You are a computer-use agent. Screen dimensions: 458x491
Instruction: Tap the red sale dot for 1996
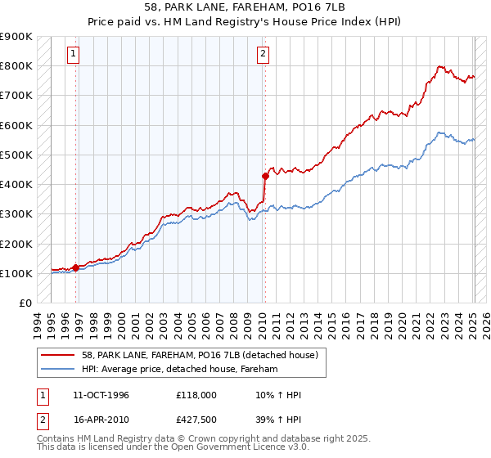tap(75, 267)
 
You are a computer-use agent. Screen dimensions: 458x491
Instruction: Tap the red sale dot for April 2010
tap(265, 175)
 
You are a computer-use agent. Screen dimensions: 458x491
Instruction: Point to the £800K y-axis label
tap(16, 65)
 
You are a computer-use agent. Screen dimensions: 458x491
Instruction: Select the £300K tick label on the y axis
tap(16, 214)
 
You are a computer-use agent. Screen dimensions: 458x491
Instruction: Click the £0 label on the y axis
tap(25, 303)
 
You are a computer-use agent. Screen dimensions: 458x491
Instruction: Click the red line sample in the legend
tap(58, 354)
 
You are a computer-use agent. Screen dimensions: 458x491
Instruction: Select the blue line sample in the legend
tap(58, 369)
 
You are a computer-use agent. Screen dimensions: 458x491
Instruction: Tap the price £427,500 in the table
tap(195, 420)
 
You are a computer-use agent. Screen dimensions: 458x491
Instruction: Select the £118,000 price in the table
tap(195, 395)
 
